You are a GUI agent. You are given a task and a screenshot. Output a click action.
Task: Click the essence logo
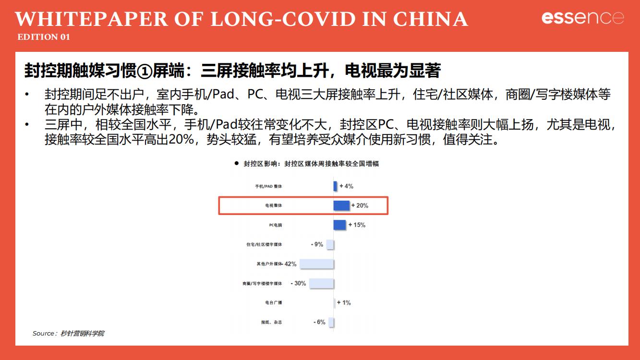point(582,18)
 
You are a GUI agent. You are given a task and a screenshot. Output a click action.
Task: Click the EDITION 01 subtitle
point(44,37)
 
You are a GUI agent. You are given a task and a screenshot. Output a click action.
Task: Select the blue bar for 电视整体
point(341,205)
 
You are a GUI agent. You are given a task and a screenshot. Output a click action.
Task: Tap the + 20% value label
point(360,205)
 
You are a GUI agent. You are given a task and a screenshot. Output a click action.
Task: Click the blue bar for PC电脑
point(339,225)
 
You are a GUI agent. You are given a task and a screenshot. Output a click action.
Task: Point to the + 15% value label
point(357,225)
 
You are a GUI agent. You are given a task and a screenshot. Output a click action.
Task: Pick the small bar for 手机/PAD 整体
point(335,186)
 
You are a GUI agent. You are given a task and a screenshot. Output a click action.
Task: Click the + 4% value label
point(346,186)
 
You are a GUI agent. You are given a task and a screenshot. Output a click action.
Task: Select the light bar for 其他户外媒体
point(316,264)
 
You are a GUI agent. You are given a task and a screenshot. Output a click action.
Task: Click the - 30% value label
point(298,283)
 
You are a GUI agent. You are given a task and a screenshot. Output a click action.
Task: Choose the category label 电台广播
point(274,303)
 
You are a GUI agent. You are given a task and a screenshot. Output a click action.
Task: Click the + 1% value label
point(344,302)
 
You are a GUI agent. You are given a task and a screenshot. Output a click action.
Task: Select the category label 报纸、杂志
point(271,322)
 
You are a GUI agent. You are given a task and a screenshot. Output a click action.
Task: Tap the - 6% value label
point(319,322)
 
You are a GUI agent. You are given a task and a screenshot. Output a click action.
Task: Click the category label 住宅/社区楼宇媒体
point(264,244)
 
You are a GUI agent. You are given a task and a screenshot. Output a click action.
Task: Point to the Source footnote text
point(68,333)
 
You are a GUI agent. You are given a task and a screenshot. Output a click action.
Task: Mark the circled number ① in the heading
point(144,71)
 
